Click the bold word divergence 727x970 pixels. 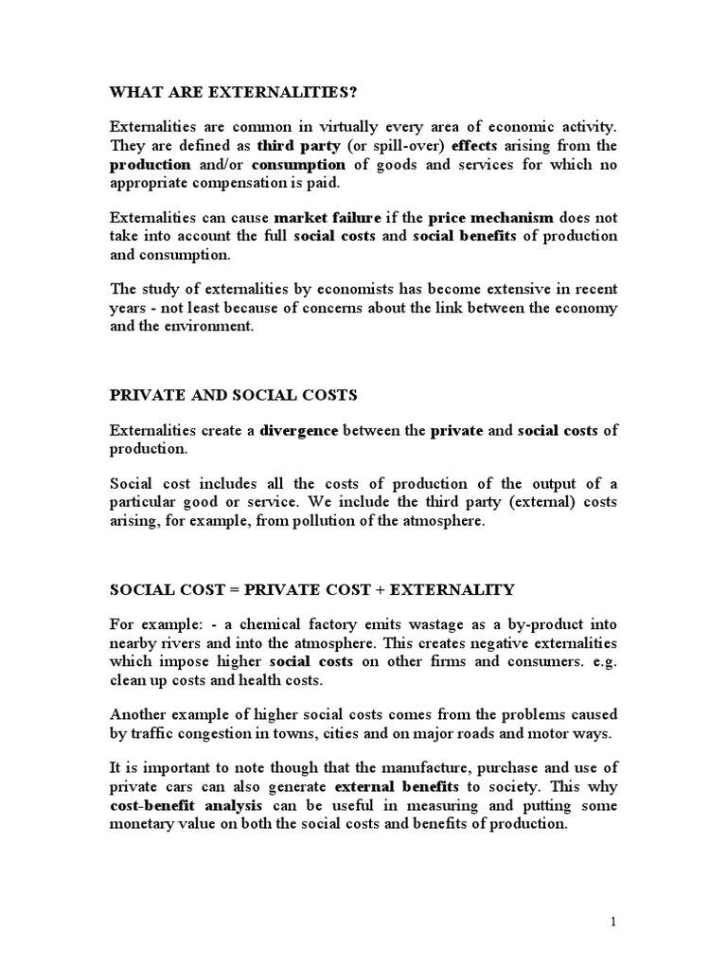pos(298,430)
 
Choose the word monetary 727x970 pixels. pos(148,823)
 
